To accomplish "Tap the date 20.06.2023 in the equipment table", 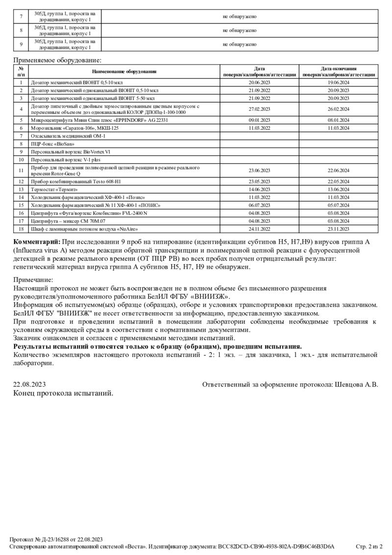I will click(259, 83).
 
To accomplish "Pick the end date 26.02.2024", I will click(339, 109).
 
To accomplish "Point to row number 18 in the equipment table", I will click(21, 228).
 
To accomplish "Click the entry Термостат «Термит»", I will click(54, 189).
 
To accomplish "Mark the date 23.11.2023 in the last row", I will click(339, 228).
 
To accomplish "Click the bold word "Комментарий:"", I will click(37, 242).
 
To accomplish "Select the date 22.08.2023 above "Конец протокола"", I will click(29, 385).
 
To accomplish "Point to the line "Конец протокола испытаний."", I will click(63, 393).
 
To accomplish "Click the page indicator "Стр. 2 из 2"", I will click(368, 546).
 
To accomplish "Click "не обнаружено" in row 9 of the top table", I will click(239, 44).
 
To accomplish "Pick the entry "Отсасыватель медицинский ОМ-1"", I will click(68, 135).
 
